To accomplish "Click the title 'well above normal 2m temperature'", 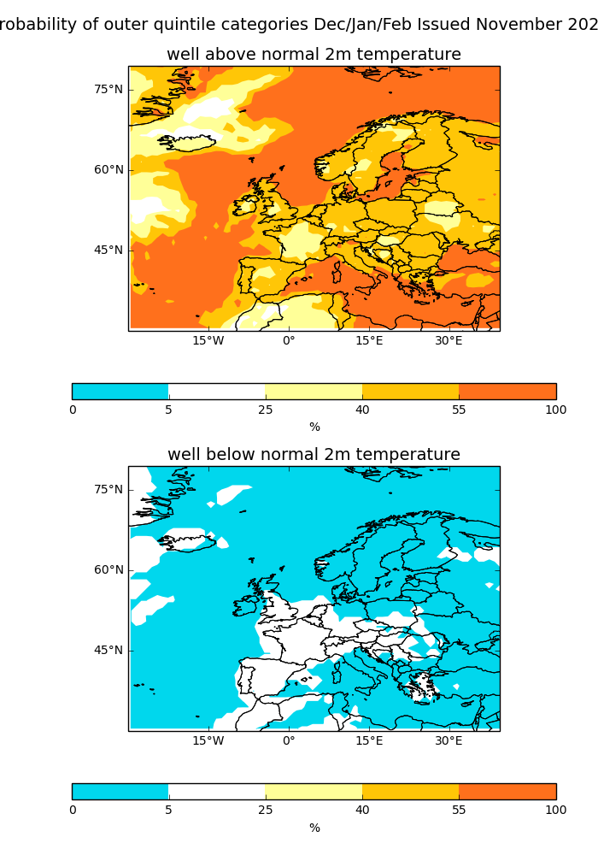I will [314, 55].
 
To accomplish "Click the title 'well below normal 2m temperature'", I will [314, 455].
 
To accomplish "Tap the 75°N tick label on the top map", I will [108, 89].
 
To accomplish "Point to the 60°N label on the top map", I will [108, 169].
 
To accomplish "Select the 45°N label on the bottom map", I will [108, 650].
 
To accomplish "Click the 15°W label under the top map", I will [208, 340].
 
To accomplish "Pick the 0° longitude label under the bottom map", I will [289, 740].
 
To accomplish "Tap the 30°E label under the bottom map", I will [448, 740].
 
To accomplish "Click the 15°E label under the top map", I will [369, 340].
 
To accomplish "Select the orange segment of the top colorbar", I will [507, 392].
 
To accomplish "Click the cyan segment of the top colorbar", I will [120, 392].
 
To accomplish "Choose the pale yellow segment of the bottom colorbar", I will [314, 792].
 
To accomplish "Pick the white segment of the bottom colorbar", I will [216, 792].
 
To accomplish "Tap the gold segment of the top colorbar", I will [410, 392].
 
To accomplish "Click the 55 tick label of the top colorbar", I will [459, 410].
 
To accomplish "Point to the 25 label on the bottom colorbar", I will [265, 810].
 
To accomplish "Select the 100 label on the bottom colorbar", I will [555, 810].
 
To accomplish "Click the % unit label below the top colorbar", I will [314, 427].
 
